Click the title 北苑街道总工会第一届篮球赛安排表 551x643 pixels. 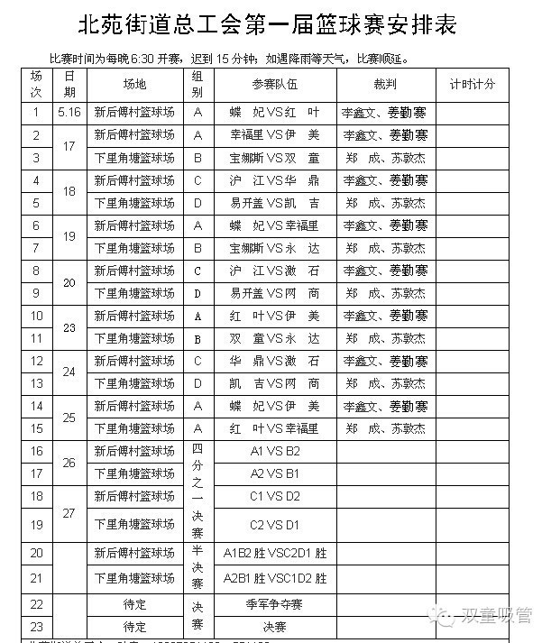[x=269, y=23]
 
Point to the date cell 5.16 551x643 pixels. [x=69, y=113]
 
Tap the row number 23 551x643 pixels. [x=37, y=626]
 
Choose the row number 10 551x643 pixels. [x=37, y=316]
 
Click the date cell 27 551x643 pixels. [x=69, y=511]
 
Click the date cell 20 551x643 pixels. [x=69, y=281]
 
